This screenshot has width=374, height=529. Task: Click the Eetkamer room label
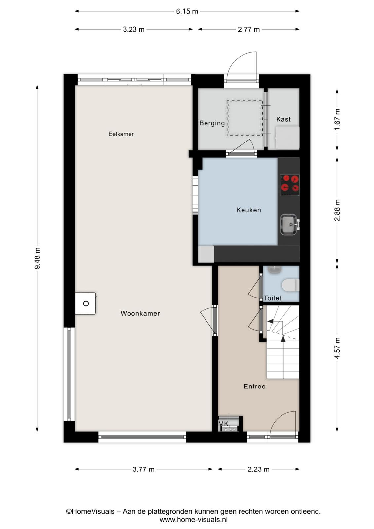click(x=121, y=134)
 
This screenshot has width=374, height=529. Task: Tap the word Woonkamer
click(x=140, y=313)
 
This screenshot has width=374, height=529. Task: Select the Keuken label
click(x=249, y=210)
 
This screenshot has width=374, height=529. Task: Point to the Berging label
click(x=212, y=123)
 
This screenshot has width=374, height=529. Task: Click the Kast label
click(x=283, y=119)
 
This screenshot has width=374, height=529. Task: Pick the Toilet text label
click(x=273, y=298)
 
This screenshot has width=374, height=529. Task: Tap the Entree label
click(x=255, y=387)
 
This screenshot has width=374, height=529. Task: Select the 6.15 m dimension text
click(x=187, y=11)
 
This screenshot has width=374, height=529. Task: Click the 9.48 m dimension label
click(x=37, y=258)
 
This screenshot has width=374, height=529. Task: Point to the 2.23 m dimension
click(x=258, y=469)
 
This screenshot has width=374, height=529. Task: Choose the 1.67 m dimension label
click(x=337, y=119)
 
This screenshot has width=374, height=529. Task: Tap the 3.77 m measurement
click(x=143, y=469)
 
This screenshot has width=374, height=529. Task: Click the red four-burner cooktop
click(x=290, y=185)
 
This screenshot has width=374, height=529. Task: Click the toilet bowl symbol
click(x=290, y=285)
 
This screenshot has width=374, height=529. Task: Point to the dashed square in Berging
click(x=245, y=118)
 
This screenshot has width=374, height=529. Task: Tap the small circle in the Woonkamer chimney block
click(x=86, y=304)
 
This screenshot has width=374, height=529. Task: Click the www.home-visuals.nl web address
click(x=194, y=519)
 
